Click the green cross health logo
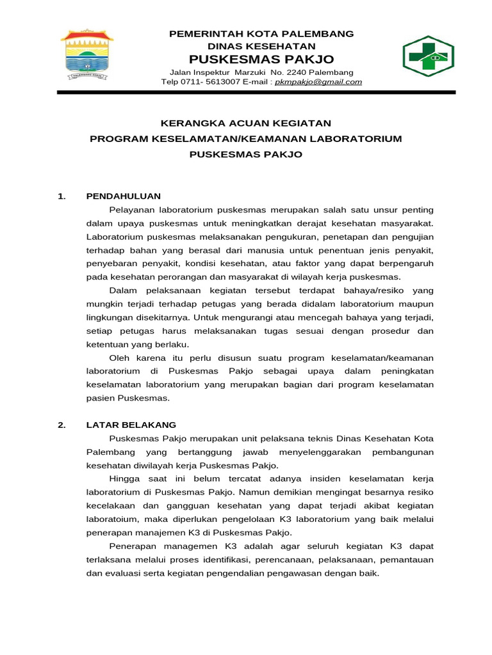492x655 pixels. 427,56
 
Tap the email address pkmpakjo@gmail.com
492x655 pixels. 318,82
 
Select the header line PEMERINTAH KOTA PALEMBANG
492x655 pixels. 261,33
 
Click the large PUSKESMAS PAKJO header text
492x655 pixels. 261,59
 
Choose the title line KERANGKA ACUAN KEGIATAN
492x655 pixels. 245,123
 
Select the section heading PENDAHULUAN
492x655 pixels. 123,196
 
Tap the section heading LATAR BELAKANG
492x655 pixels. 131,425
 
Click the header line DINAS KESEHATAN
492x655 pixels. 261,46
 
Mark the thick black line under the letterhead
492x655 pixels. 256,93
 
